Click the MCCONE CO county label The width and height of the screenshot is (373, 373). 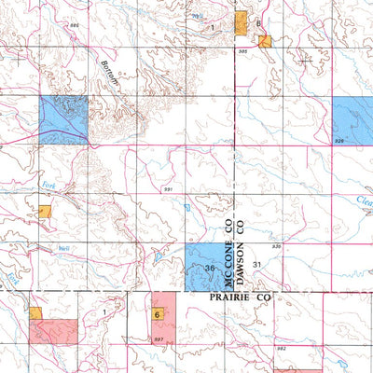click(x=227, y=239)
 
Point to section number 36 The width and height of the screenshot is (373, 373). click(x=210, y=269)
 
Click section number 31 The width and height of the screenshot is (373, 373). click(x=258, y=266)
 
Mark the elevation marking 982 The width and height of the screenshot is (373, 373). click(x=281, y=345)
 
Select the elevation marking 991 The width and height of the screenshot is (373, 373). click(x=168, y=189)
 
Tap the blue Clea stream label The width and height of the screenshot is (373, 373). click(x=364, y=202)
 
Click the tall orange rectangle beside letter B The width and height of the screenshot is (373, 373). click(x=241, y=23)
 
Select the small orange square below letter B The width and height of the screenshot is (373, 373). click(x=265, y=41)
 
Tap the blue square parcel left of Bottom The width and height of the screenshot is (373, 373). click(x=63, y=120)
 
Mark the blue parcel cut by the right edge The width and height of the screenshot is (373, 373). click(x=352, y=119)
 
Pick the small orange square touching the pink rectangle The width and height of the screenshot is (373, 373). click(x=36, y=313)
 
